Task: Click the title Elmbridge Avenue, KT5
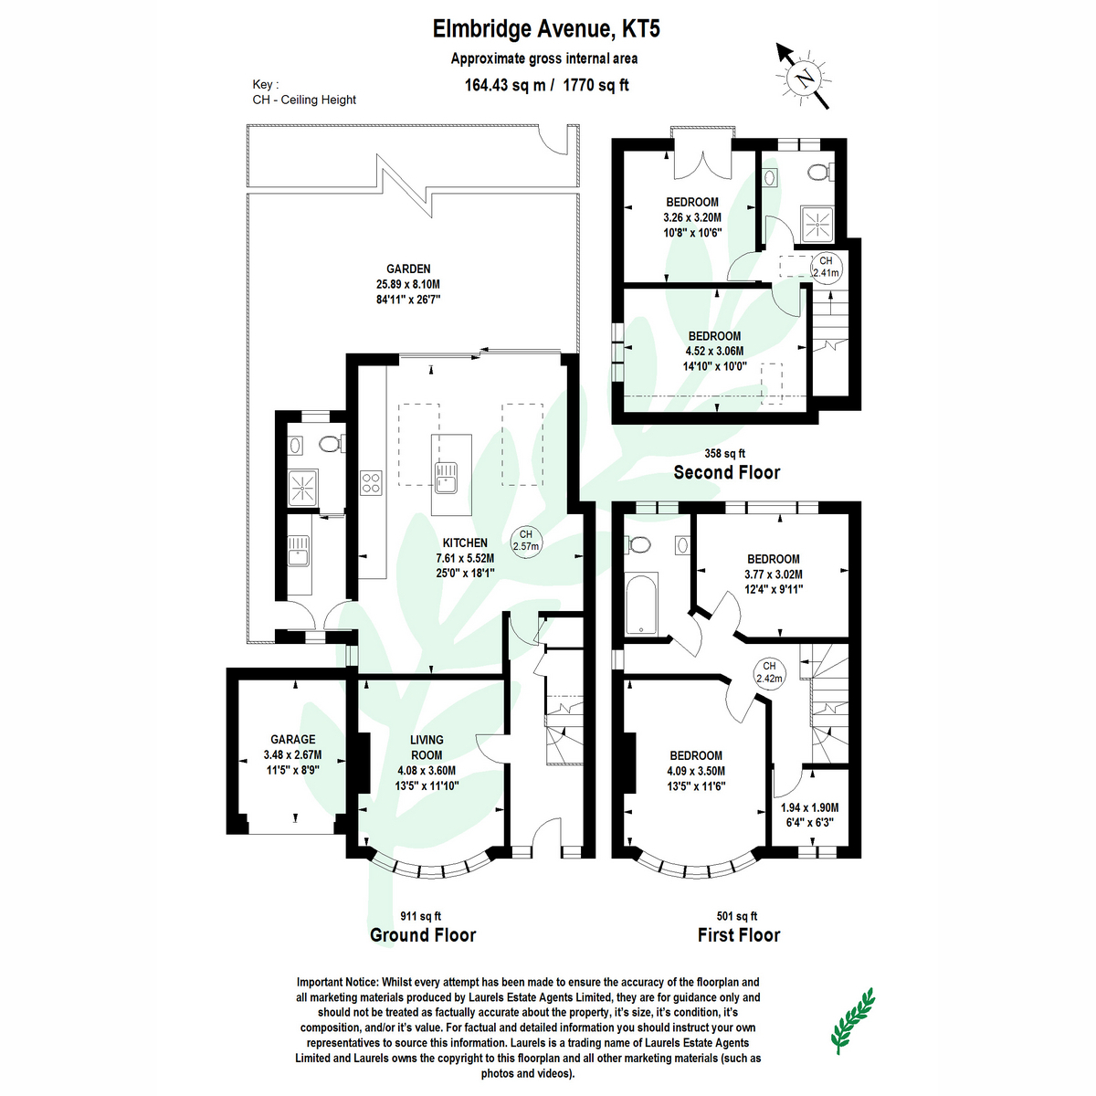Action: [546, 29]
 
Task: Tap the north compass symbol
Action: [805, 79]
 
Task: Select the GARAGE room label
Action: [292, 740]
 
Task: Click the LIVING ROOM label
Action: [427, 747]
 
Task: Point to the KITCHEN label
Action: [465, 543]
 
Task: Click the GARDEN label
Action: [408, 269]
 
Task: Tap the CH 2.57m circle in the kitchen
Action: [526, 541]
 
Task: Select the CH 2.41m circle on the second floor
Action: [826, 267]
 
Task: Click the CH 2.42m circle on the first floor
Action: [769, 672]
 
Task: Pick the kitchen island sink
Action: [447, 477]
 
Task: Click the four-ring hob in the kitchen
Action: [371, 482]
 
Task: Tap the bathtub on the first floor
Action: [643, 604]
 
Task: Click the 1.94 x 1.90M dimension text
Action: [809, 807]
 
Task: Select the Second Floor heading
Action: [727, 472]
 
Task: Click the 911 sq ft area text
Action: [421, 916]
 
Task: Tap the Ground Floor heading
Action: [423, 935]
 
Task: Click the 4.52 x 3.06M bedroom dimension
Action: [714, 351]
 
